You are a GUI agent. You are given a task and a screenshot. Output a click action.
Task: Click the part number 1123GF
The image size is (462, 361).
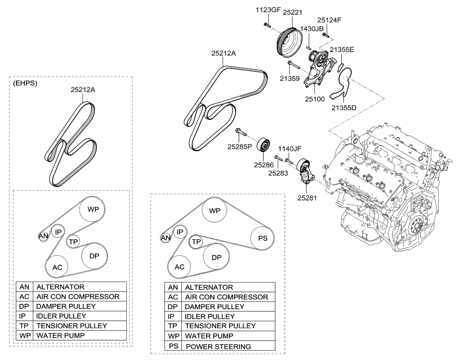pos(269,9)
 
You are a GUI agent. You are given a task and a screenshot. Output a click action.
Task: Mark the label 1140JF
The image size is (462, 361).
pos(289,148)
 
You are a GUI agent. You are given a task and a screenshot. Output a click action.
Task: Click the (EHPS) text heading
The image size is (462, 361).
pos(25,83)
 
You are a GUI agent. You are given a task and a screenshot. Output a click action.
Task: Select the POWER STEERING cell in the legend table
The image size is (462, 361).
pos(218,346)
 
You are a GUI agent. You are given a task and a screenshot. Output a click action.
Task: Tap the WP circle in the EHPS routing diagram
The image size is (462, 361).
pos(93,210)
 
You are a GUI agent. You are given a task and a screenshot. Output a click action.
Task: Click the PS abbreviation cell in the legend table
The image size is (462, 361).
pos(173,346)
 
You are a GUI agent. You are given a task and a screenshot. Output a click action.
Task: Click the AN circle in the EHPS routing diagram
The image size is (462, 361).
pos(43,236)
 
